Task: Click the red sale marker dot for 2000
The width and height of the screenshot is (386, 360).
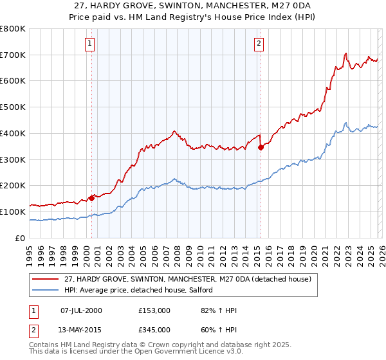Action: coord(91,197)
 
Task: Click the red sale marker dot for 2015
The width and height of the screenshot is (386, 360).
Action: coord(261,147)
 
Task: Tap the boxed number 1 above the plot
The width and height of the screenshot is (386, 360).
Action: coord(89,44)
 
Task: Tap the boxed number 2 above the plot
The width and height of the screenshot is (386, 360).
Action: coord(259,44)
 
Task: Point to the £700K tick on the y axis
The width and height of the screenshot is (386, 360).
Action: coord(13,55)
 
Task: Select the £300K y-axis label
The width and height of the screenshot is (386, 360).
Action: coord(13,159)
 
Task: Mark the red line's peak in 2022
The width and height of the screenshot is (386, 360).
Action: coord(346,53)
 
